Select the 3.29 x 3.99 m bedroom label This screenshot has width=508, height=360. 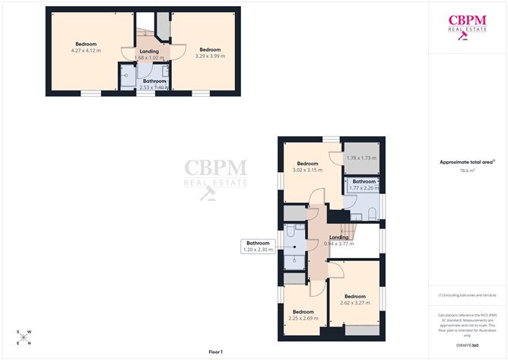pos(210,53)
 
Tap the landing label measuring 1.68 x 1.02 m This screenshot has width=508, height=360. pos(149,55)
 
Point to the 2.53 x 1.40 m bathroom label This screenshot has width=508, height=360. pos(154,84)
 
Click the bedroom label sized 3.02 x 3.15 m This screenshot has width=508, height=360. pos(308,167)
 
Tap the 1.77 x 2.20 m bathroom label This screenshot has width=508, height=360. pos(363,185)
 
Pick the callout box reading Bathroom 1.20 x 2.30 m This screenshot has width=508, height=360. pos(258,247)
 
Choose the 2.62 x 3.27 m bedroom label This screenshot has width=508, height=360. pos(355,299)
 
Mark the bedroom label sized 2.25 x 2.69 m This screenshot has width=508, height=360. pos(303,314)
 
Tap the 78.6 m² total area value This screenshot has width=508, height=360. pos(468,170)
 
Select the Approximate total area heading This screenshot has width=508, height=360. pos(467,161)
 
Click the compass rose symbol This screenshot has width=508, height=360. pos(24,337)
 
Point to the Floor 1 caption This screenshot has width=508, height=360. pos(220,352)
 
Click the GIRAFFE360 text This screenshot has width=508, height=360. pos(468,345)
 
